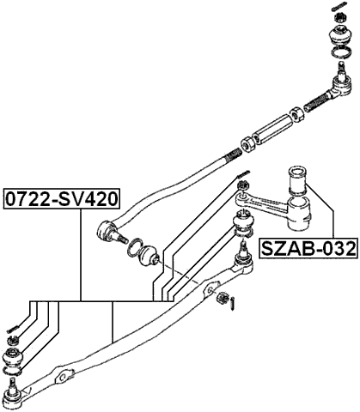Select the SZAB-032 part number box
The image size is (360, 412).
pyautogui.click(x=307, y=250)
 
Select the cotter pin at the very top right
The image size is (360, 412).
pyautogui.click(x=338, y=9)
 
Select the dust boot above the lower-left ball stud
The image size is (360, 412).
pyautogui.click(x=15, y=359)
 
